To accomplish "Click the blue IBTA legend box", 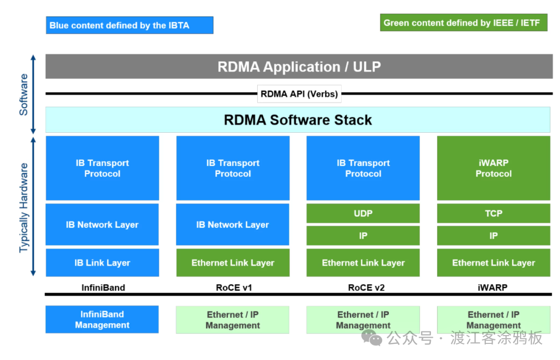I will tap(129, 25).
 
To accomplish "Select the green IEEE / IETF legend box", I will tap(464, 23).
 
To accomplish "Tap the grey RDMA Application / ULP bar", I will tap(299, 66).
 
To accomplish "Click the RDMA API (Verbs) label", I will tap(299, 94).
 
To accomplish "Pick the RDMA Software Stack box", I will tap(298, 120).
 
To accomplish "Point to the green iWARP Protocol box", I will tap(493, 168).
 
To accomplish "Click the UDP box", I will tap(363, 213).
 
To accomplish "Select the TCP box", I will tap(493, 213).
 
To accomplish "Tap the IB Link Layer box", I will tap(102, 262).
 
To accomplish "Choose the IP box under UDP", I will tap(363, 236).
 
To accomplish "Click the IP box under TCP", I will tap(493, 236).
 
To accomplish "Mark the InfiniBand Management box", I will tap(102, 320).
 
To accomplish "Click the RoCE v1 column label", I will tap(233, 287).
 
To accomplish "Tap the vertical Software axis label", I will tap(24, 94).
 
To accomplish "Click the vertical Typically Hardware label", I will tap(24, 207).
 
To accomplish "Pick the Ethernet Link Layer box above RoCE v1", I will tap(233, 262).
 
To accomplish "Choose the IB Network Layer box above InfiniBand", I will tap(102, 225).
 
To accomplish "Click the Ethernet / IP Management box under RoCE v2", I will tap(363, 320).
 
